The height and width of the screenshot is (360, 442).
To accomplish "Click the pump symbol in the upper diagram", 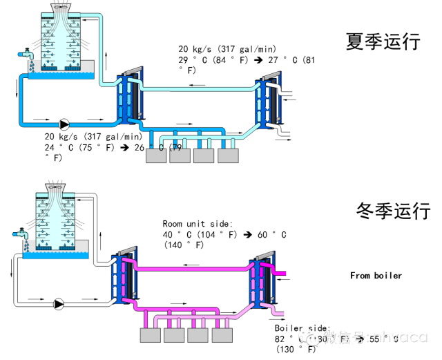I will click(64, 124).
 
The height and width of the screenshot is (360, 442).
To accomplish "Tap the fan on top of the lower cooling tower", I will click(55, 186).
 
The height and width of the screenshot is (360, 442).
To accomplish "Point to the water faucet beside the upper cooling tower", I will click(26, 53).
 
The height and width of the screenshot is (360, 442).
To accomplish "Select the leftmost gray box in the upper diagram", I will click(155, 156).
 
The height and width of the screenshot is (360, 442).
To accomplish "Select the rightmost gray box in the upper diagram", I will click(227, 156).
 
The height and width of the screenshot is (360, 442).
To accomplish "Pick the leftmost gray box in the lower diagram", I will click(151, 336).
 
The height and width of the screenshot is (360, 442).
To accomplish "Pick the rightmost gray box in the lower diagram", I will click(222, 336).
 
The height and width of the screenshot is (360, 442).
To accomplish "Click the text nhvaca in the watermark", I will click(400, 337).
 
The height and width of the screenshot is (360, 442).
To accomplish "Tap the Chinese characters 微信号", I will click(343, 337).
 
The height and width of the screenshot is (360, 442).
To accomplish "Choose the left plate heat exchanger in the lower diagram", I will click(123, 278).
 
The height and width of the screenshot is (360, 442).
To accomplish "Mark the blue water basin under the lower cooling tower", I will click(55, 255).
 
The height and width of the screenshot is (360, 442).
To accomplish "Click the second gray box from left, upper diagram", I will click(180, 156).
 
